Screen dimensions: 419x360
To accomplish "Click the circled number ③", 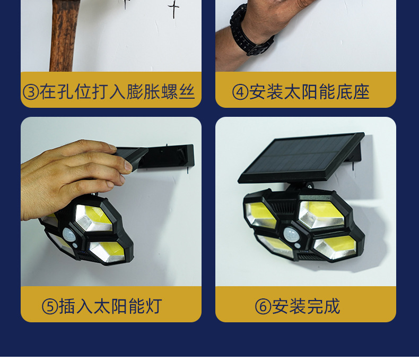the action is tap(31, 92).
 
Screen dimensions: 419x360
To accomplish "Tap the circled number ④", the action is tap(240, 92).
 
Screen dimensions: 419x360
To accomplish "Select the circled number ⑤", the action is tap(50, 306).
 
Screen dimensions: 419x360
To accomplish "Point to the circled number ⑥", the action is tap(263, 306).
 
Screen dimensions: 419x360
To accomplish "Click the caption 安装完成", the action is tap(306, 306).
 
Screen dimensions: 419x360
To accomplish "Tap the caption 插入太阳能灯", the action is tap(110, 306).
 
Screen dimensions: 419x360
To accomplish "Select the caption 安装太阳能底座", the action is tap(309, 92).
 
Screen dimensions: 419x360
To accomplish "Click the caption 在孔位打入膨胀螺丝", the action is tap(117, 92).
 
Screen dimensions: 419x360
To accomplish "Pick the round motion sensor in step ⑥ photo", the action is tap(291, 235).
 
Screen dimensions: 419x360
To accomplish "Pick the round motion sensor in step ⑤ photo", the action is tap(69, 235).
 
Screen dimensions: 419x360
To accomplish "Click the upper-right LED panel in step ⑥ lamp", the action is tap(321, 215).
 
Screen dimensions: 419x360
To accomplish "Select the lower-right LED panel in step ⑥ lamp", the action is tap(335, 247).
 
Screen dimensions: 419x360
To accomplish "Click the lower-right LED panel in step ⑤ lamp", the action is tap(107, 252).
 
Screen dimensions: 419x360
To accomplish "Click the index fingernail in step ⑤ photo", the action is tap(128, 166).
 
